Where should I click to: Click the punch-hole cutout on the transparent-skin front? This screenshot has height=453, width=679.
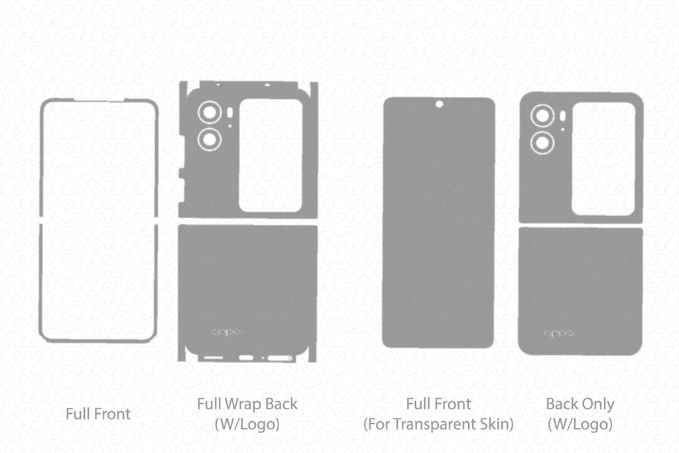439,104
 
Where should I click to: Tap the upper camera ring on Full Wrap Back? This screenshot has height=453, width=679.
210,113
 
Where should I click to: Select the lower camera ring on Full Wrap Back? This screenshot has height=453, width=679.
210,139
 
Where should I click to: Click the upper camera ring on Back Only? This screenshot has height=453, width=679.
543,116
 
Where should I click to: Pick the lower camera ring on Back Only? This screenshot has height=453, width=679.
543,142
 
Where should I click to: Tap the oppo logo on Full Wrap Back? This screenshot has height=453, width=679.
226,332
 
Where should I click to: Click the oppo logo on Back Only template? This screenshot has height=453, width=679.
559,333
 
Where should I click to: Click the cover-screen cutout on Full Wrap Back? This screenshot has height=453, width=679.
271,155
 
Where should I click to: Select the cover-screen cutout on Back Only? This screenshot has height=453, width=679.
603,159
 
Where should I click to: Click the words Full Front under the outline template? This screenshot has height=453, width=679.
98,414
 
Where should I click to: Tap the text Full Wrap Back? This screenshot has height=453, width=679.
247,403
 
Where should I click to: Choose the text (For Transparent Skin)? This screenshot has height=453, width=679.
438,424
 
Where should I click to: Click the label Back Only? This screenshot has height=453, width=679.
580,403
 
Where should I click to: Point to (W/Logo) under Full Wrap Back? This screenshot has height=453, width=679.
247,424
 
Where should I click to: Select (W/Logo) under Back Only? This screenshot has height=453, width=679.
580,424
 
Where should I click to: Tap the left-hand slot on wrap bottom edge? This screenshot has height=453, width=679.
213,358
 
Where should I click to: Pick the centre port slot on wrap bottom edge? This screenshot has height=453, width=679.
246,358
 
